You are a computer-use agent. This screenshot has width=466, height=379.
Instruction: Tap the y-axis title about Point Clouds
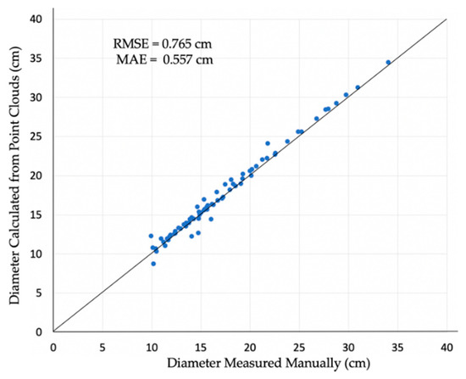15,174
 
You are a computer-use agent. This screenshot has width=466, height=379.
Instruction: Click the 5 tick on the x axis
103,347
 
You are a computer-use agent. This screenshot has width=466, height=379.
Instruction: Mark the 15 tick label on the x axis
201,347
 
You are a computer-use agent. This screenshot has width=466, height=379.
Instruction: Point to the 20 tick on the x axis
250,347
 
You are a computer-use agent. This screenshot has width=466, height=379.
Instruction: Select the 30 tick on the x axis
348,347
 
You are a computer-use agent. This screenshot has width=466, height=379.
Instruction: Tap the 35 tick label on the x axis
397,347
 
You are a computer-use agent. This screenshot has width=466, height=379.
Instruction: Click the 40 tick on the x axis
447,347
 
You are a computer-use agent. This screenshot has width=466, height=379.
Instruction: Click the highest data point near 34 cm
388,62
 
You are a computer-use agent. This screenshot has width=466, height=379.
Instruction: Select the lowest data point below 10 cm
153,264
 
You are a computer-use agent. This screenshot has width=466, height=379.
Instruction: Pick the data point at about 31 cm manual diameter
358,87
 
